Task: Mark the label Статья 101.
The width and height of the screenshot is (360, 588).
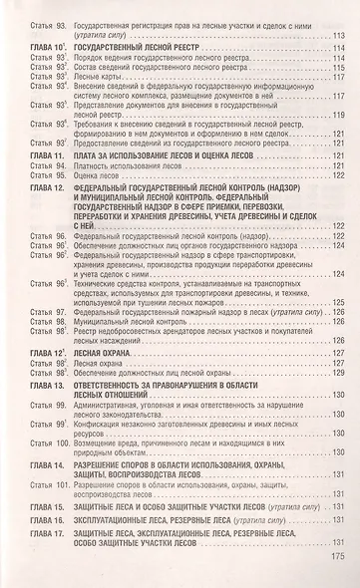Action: [45, 485]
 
